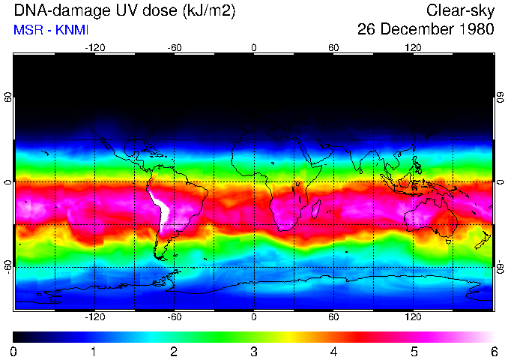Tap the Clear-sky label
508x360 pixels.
point(460,11)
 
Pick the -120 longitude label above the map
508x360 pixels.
point(94,47)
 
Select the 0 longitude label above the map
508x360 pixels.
point(254,47)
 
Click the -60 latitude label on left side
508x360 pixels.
point(7,266)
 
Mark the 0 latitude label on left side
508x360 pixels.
point(7,182)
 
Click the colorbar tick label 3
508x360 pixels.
point(253,351)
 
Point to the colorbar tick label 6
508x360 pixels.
point(493,351)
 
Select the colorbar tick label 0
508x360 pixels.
point(14,351)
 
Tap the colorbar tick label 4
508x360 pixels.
point(333,351)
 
